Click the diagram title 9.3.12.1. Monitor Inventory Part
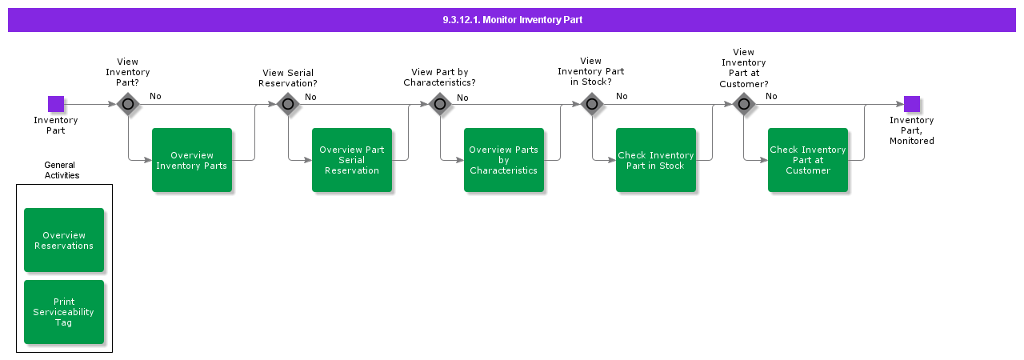(512, 19)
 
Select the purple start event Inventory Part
(56, 104)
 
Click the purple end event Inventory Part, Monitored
(912, 104)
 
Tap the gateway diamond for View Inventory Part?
(128, 104)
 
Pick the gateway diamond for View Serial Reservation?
(288, 104)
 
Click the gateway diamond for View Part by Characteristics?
(440, 104)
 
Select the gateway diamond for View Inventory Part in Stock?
(592, 104)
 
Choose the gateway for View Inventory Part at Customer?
(744, 104)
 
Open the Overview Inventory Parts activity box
(192, 160)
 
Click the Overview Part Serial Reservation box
(352, 160)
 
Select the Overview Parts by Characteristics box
(504, 160)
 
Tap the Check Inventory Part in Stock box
(656, 160)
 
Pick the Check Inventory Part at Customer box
(808, 160)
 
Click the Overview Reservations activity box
(64, 240)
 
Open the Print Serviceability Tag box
(64, 312)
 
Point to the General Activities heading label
(62, 170)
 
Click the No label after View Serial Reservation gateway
(310, 97)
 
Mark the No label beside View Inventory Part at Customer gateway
(771, 97)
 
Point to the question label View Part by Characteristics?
(439, 78)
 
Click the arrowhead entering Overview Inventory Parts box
(148, 160)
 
